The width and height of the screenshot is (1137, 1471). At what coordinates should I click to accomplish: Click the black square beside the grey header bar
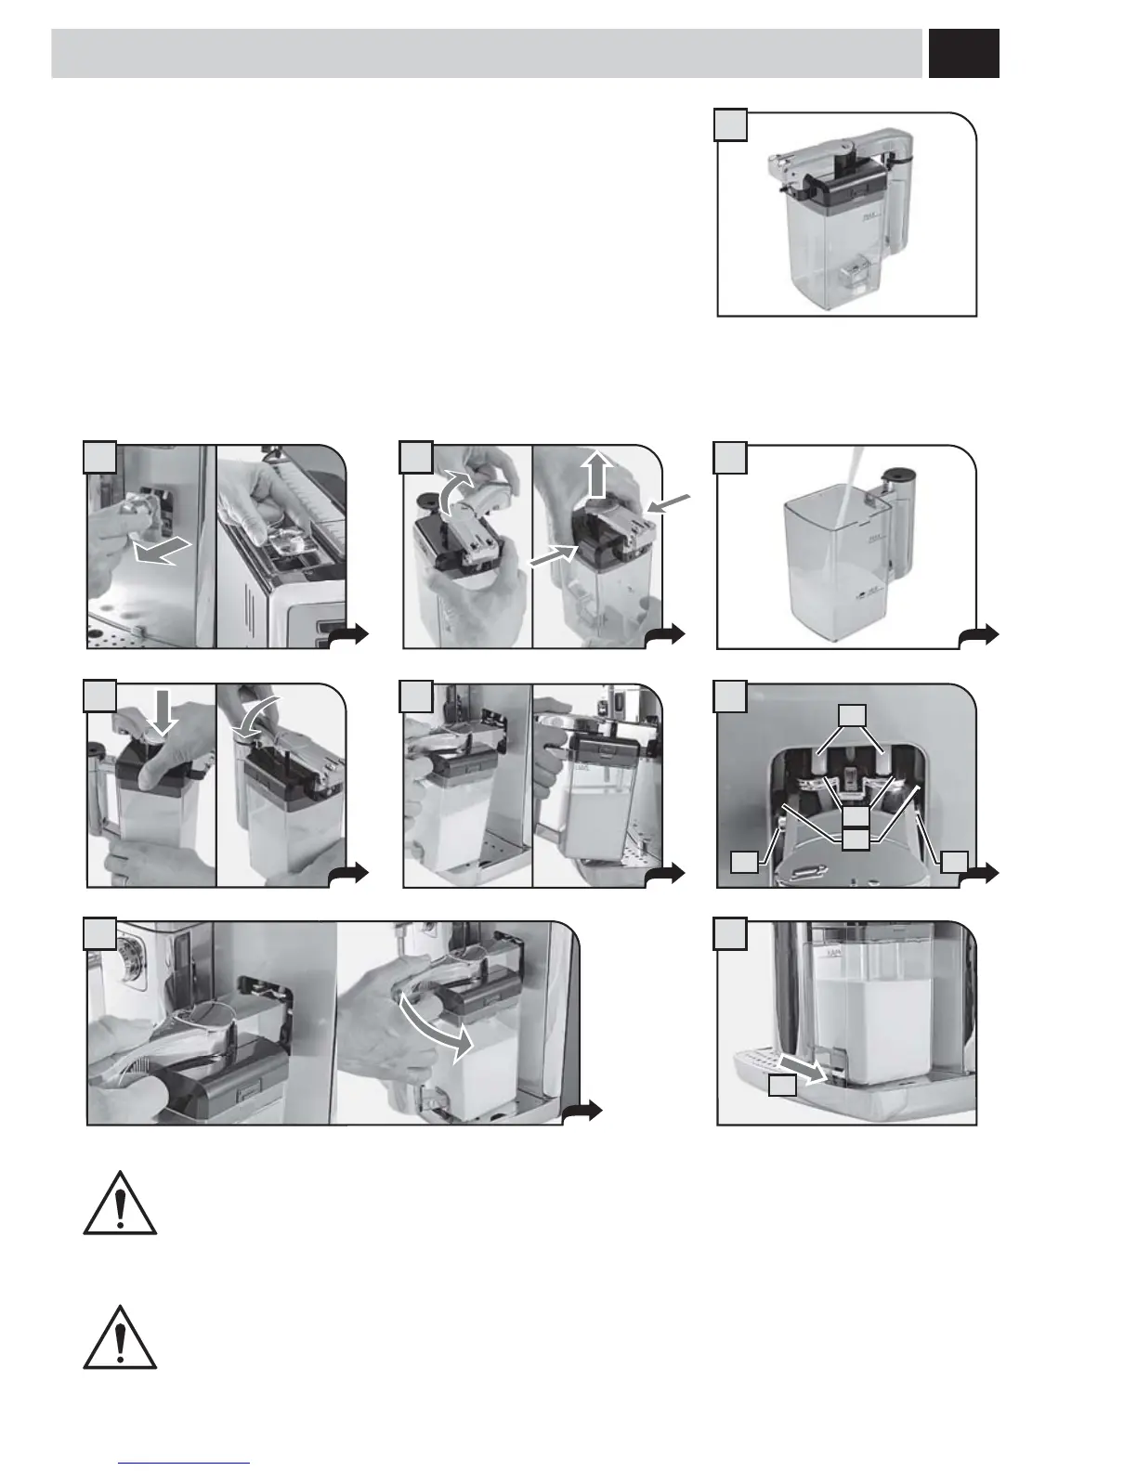[x=963, y=54]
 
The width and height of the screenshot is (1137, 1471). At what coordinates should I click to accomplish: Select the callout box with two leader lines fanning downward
[x=853, y=714]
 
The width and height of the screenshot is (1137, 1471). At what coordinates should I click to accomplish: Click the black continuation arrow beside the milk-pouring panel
[x=981, y=634]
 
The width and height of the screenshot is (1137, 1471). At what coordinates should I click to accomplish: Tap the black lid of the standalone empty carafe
[x=845, y=187]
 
